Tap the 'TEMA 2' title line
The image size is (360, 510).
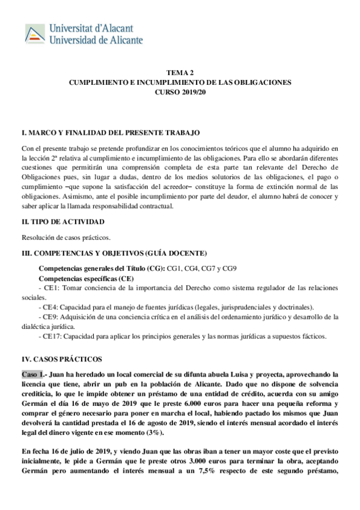180,71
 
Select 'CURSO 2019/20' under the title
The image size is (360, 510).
180,92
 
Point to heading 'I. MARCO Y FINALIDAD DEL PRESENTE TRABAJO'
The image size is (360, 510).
110,132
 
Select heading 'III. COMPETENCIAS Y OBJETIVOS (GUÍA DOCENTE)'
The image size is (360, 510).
114,253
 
